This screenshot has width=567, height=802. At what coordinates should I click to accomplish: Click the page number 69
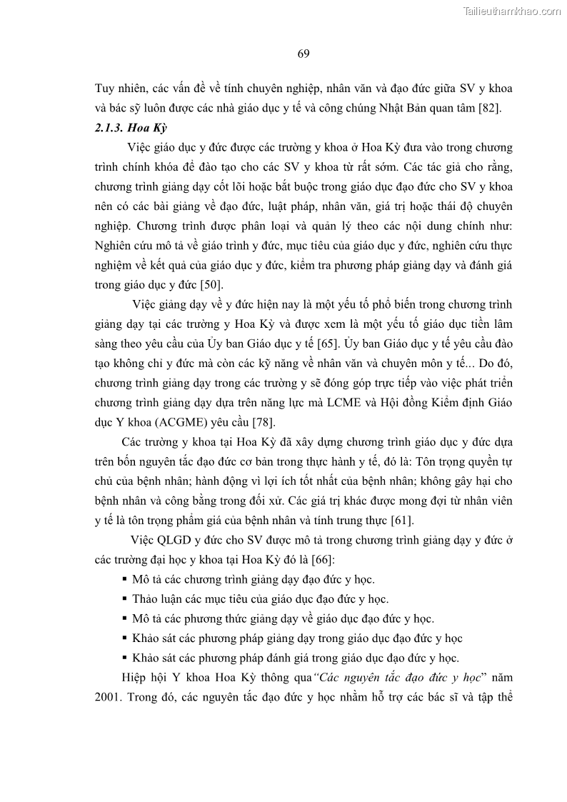pyautogui.click(x=303, y=54)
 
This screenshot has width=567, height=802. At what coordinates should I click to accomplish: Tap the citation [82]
pyautogui.click(x=491, y=109)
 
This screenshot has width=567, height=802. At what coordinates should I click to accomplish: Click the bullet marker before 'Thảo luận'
pyautogui.click(x=125, y=599)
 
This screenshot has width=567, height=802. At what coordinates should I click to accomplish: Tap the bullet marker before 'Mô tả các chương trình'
pyautogui.click(x=125, y=579)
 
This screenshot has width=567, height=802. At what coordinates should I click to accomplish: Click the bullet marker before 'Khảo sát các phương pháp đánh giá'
pyautogui.click(x=125, y=658)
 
